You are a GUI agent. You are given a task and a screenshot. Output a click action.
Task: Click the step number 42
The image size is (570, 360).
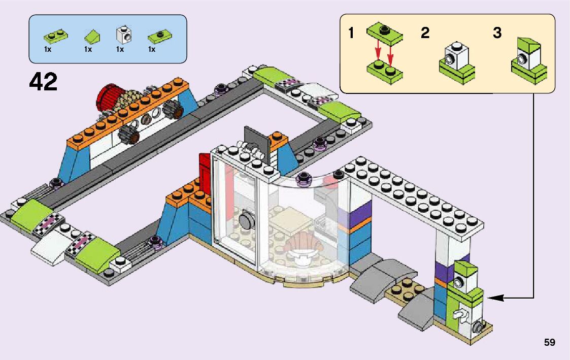point(44,82)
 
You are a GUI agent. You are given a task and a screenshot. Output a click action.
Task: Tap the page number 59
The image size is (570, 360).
point(549,342)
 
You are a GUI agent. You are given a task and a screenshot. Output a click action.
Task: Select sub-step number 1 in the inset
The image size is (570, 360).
point(351,34)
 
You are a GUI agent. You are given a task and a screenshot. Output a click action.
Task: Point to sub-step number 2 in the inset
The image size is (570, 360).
point(425,34)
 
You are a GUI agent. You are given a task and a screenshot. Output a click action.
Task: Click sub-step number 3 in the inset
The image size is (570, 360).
point(497,34)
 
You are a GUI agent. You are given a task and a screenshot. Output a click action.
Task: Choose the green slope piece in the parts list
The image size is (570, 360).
point(91,36)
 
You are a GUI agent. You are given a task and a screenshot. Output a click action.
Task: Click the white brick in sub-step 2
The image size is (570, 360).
point(456,56)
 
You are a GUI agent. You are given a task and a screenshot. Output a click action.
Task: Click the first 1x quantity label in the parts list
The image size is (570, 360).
point(48,50)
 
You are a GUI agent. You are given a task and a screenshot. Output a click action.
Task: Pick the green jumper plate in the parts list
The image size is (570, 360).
point(158,37)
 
